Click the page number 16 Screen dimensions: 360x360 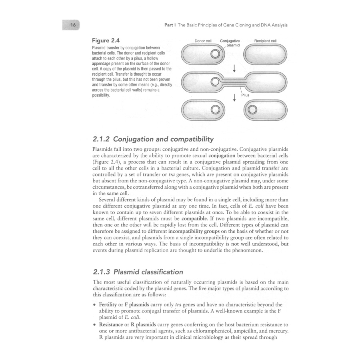click(x=73, y=25)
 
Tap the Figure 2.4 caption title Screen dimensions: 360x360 click(x=106, y=41)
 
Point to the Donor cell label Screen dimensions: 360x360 click(x=203, y=41)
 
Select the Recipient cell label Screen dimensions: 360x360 click(x=265, y=41)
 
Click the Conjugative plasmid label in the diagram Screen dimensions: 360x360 click(x=230, y=43)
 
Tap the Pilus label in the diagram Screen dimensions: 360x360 click(x=245, y=95)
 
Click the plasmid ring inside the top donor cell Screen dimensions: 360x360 click(x=215, y=54)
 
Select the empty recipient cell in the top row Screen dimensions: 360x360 click(x=265, y=54)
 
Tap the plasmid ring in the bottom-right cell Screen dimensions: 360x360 click(x=252, y=110)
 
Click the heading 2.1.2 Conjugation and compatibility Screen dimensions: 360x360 click(x=153, y=139)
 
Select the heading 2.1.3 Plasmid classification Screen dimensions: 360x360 click(x=138, y=272)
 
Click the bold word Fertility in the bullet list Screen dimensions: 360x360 click(x=108, y=305)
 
